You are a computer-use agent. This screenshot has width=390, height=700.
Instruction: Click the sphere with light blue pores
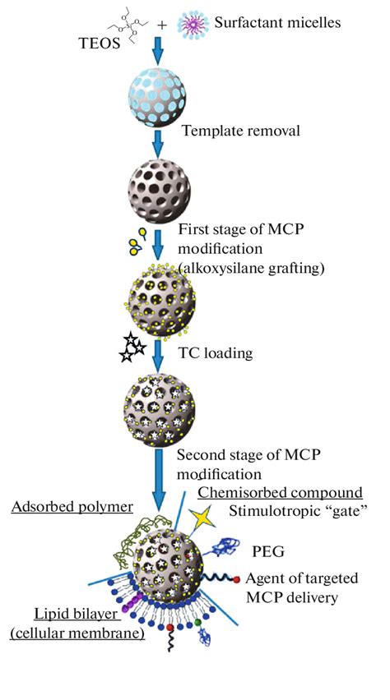pos(158,96)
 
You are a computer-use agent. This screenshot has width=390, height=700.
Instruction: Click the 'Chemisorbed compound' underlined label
pos(281,492)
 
